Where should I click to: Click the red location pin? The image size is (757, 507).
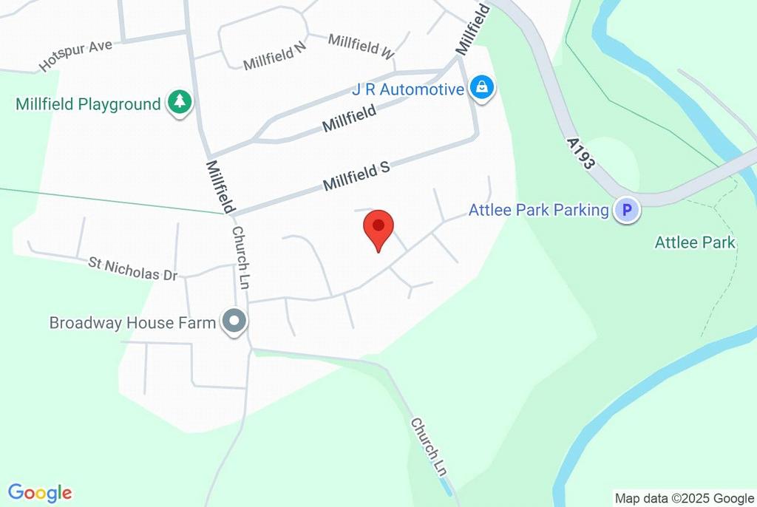click(x=378, y=228)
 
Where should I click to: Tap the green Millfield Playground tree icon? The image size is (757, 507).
click(x=179, y=103)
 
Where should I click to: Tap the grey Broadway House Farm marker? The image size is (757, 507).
click(x=235, y=322)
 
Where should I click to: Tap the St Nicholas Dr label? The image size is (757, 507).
click(x=133, y=268)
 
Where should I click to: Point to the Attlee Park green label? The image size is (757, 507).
click(x=695, y=242)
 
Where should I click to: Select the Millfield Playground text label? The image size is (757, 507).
click(x=88, y=104)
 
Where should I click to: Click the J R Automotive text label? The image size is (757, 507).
click(x=407, y=90)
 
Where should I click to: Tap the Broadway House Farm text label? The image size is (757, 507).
click(x=132, y=323)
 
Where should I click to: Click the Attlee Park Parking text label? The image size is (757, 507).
click(x=538, y=211)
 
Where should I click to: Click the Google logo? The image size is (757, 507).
click(x=40, y=493)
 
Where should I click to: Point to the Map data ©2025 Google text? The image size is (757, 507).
click(x=684, y=498)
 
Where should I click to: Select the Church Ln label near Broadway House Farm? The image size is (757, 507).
click(x=241, y=258)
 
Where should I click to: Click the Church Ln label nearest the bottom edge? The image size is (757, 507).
click(x=430, y=446)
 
